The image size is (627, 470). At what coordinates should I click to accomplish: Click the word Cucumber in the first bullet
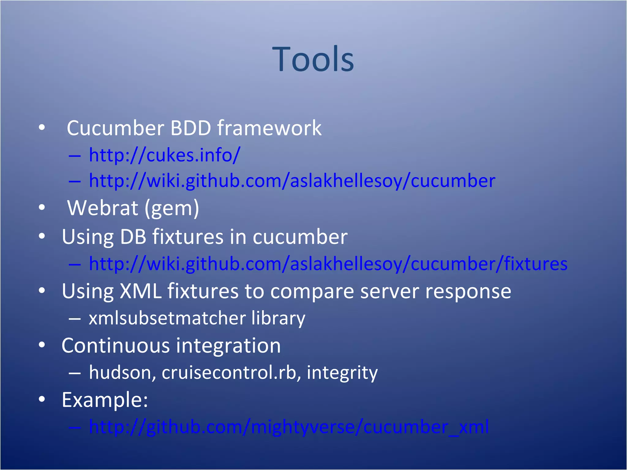tap(115, 128)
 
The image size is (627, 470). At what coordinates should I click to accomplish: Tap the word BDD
tap(190, 128)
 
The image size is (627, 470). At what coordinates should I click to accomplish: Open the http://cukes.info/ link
tap(164, 155)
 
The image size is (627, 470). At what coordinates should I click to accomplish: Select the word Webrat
tap(103, 208)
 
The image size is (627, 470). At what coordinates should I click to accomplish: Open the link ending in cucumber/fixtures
tap(328, 264)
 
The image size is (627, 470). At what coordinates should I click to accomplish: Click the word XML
tap(141, 291)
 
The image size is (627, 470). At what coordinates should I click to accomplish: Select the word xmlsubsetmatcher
tap(167, 318)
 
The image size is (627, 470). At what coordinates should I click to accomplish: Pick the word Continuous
tap(116, 346)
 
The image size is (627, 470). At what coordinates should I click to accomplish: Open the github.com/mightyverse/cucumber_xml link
tap(289, 427)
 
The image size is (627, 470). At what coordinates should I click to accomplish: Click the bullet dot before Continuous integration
tap(42, 345)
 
